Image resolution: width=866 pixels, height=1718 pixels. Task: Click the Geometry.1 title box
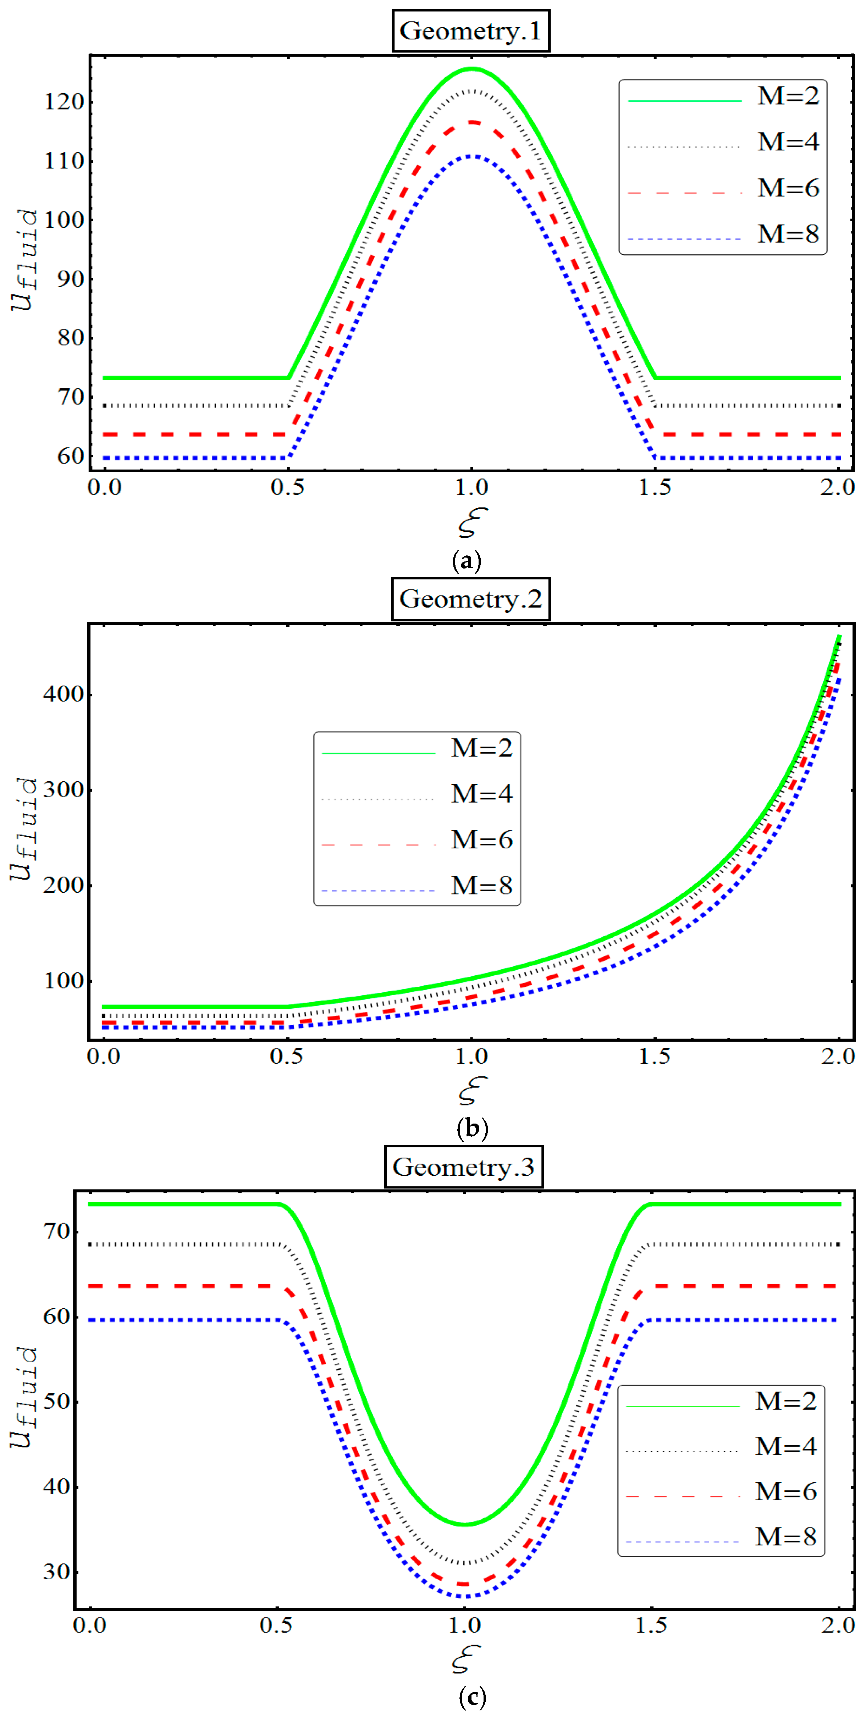tap(470, 31)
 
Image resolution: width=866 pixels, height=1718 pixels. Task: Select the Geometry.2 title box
tap(470, 599)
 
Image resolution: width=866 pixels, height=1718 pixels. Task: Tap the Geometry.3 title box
tap(464, 1167)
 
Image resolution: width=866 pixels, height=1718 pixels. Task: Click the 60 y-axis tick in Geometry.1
tap(70, 457)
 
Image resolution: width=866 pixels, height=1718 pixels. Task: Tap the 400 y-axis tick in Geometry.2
tap(64, 694)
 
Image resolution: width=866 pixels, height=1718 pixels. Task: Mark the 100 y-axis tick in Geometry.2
tap(64, 981)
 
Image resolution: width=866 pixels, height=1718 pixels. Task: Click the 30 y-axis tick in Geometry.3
tap(57, 1572)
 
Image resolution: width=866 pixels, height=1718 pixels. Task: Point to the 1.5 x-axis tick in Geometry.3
tap(651, 1626)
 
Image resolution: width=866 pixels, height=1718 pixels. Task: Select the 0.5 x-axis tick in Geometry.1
tap(288, 488)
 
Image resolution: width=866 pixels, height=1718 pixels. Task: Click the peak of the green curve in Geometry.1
tap(472, 69)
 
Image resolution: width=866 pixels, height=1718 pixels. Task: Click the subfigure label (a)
tap(467, 560)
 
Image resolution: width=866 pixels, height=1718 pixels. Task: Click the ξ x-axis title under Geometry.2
tap(472, 1091)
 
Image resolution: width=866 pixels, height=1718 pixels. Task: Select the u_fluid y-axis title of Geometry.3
tap(23, 1397)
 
